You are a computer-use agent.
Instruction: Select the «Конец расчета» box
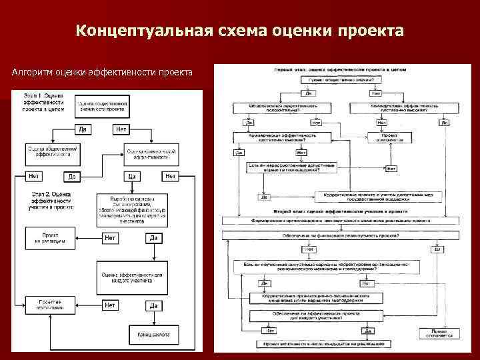tap(153, 334)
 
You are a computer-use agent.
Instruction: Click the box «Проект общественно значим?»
tap(341, 80)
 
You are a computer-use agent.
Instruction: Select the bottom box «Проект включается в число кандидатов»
tap(322, 345)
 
